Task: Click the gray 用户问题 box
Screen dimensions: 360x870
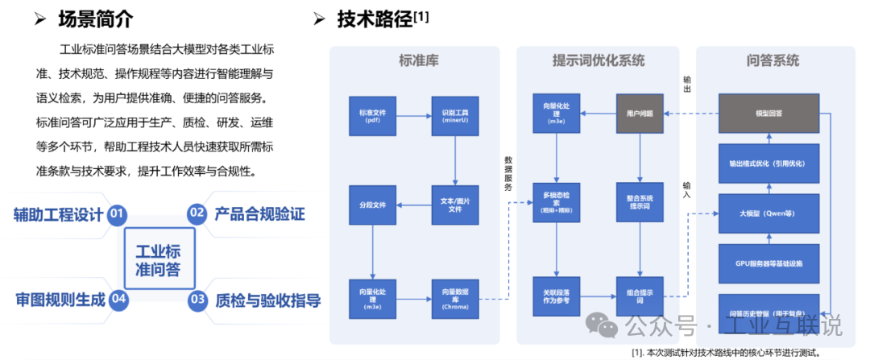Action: [640, 114]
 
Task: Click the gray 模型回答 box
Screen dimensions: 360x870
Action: [768, 114]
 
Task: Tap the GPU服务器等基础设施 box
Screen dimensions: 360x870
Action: [768, 263]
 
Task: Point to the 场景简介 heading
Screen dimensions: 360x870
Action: [97, 19]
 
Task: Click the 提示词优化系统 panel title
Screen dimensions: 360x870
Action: [599, 61]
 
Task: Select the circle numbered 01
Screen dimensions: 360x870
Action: [118, 214]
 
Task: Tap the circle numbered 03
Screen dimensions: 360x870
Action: [197, 300]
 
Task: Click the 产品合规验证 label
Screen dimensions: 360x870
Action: [259, 214]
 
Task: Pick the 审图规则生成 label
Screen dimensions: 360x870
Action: [60, 300]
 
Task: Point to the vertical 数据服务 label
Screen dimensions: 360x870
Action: [507, 173]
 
